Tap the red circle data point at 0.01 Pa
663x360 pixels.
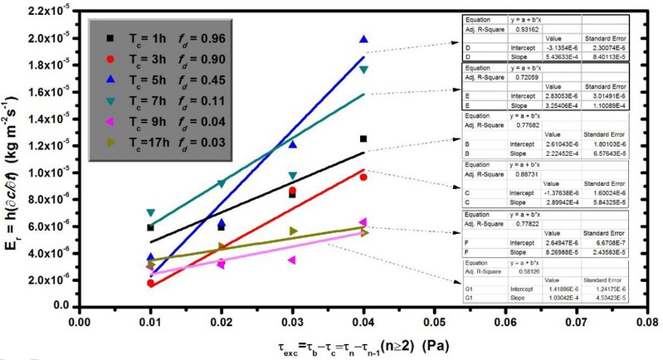coord(150,283)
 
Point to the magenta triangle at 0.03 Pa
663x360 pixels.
coord(292,260)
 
